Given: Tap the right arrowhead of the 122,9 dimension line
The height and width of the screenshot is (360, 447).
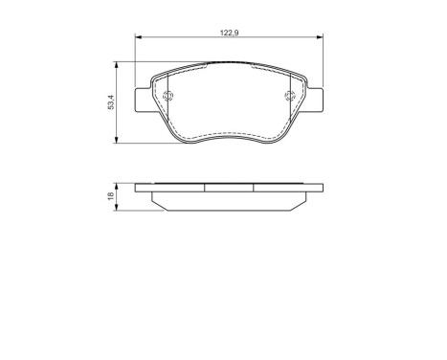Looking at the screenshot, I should tap(321, 38).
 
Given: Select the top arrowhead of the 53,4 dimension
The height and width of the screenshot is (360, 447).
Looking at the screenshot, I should tap(117, 65).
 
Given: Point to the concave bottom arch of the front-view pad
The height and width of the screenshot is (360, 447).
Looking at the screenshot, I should tap(231, 134).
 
